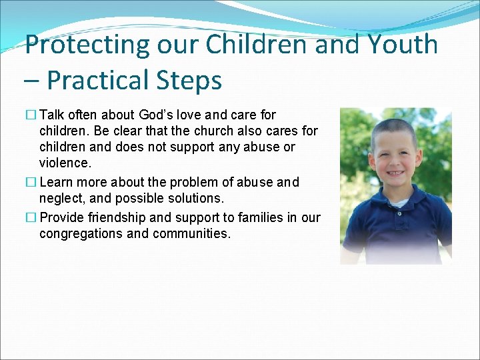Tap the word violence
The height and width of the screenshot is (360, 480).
65,163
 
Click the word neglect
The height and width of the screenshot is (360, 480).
61,199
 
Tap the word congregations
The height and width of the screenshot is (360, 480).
82,233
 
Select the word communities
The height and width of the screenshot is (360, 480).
191,233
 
